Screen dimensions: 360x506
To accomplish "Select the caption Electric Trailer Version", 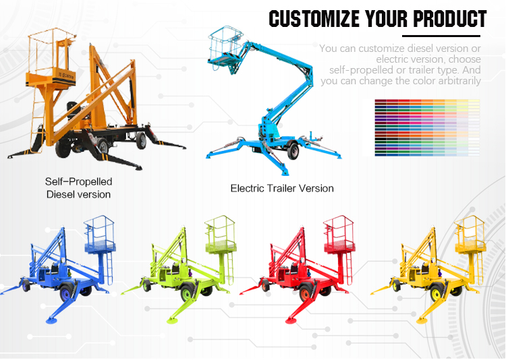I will click(282, 188).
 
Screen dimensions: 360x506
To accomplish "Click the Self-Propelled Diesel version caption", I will click(78, 188).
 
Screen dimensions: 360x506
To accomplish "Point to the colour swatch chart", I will click(426, 127).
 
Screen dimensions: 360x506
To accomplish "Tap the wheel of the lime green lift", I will click(186, 291).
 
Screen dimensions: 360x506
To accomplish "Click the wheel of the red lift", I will click(307, 291).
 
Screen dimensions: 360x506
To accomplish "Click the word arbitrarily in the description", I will click(460, 81).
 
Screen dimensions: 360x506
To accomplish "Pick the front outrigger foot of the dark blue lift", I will click(49, 318).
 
